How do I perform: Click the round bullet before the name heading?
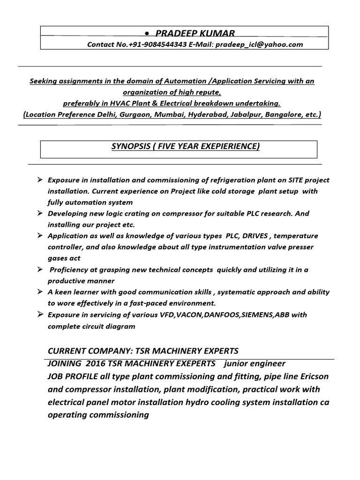tap(148, 34)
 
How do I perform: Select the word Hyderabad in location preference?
tap(206, 114)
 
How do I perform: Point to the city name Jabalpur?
tap(247, 114)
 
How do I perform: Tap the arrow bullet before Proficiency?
tap(40, 270)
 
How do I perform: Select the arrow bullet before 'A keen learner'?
tap(40, 292)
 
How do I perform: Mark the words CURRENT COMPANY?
tap(84, 351)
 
